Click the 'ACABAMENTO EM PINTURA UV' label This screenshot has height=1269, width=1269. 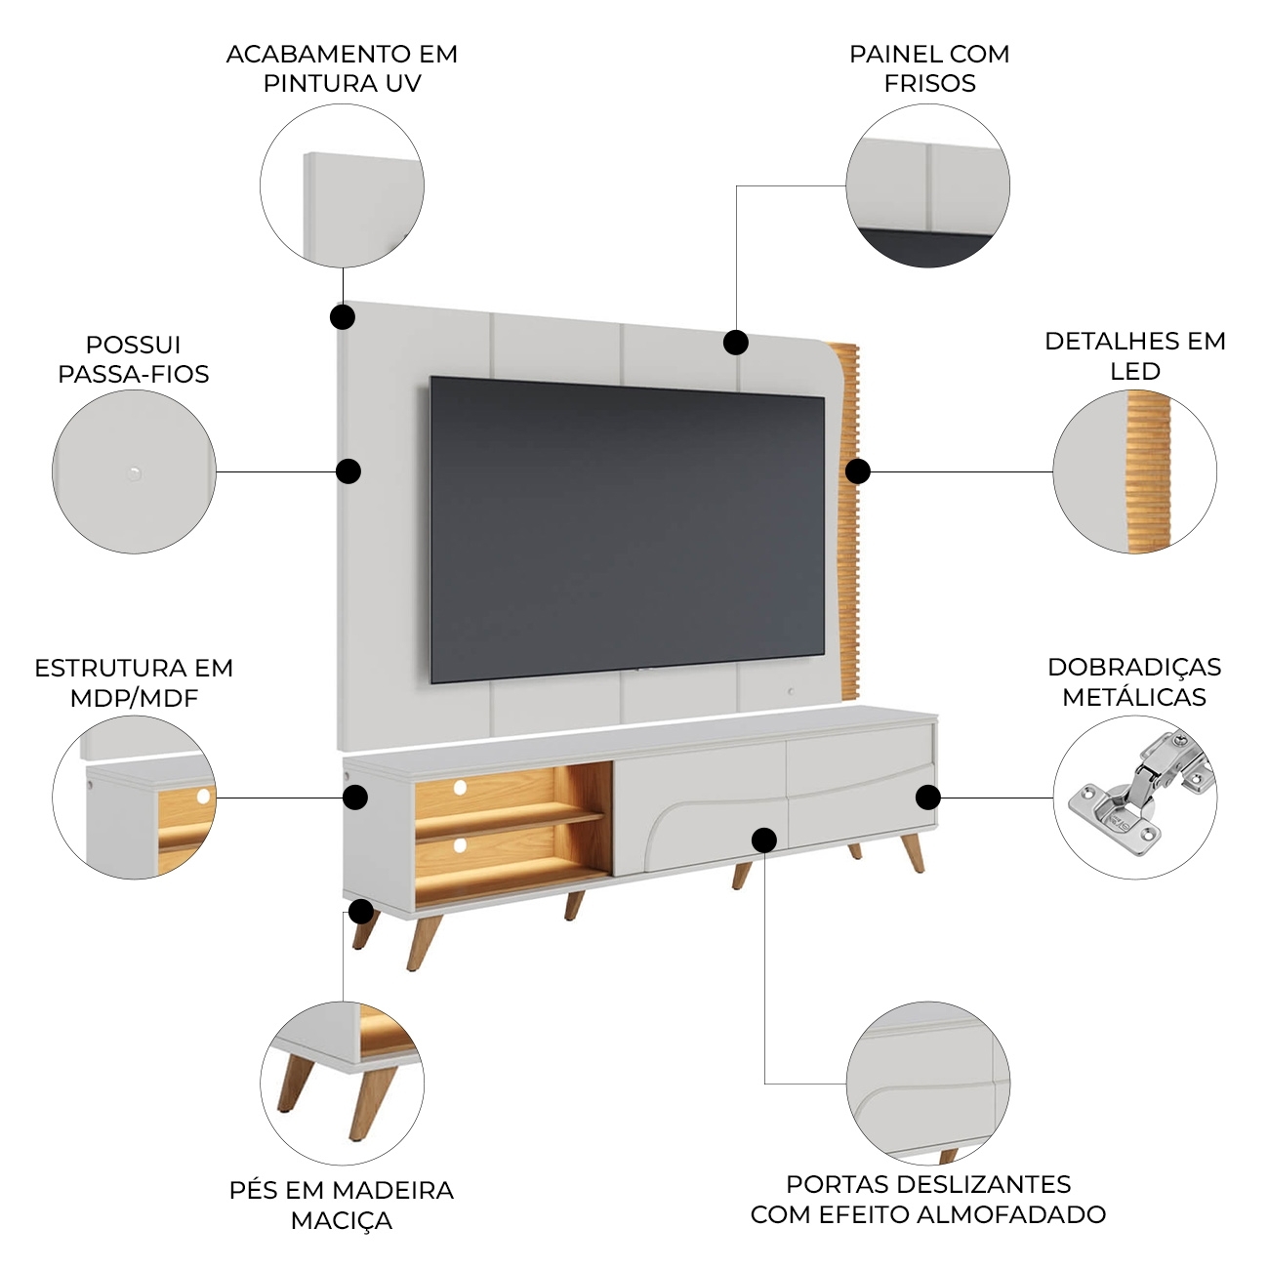(x=342, y=68)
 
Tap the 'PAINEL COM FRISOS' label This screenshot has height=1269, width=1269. (x=929, y=68)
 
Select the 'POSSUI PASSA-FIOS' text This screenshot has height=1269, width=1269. (x=134, y=359)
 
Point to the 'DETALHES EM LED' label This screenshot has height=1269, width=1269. (x=1134, y=356)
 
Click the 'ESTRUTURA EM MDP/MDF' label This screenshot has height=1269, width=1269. (x=134, y=683)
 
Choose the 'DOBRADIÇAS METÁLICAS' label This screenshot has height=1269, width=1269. (x=1134, y=681)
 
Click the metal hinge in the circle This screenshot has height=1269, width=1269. (x=1139, y=793)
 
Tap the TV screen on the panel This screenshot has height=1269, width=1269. (x=627, y=529)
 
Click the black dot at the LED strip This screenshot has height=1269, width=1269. (x=857, y=471)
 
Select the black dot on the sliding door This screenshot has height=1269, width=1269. (x=764, y=840)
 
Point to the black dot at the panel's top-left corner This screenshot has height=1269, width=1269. (x=343, y=317)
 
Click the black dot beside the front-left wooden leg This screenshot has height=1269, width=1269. (x=361, y=912)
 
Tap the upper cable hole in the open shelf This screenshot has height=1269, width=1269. (x=460, y=788)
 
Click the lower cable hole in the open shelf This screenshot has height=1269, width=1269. (x=460, y=845)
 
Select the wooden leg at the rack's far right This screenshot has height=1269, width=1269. (x=913, y=853)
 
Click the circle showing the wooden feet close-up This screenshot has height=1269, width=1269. (x=342, y=1084)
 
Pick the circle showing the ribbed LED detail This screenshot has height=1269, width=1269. (x=1134, y=471)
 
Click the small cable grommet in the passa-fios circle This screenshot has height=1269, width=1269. (x=134, y=472)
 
